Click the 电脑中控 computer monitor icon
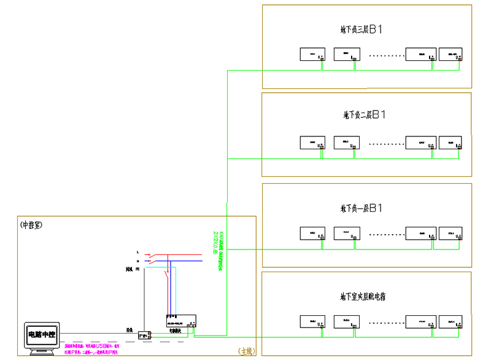[x=41, y=336]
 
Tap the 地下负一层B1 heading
[x=362, y=208]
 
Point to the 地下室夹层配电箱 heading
[x=363, y=297]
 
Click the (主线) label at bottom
[x=247, y=351]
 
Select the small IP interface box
[x=144, y=335]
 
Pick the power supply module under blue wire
[x=181, y=320]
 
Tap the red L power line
[x=178, y=253]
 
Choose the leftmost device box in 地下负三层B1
[x=312, y=54]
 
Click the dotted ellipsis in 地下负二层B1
[x=386, y=144]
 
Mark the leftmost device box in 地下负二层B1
[x=312, y=143]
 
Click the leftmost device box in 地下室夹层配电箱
[x=312, y=321]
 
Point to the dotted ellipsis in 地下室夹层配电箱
[x=386, y=321]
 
